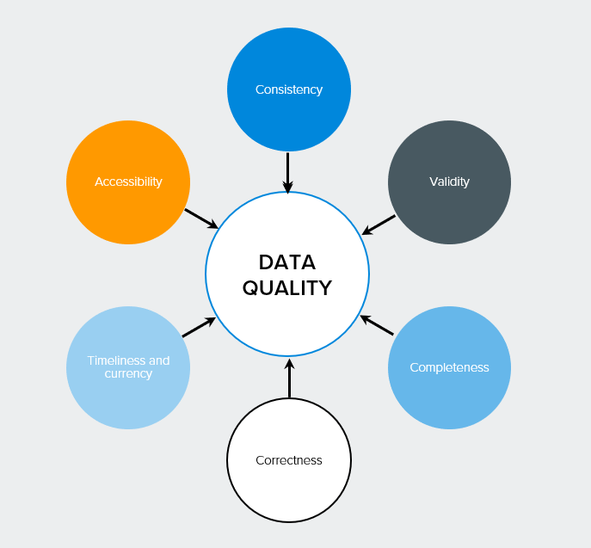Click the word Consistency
click(x=289, y=89)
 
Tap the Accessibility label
click(x=128, y=182)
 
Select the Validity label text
click(x=449, y=182)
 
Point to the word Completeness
click(x=449, y=367)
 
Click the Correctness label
click(x=289, y=460)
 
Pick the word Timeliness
click(x=117, y=360)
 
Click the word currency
click(x=128, y=373)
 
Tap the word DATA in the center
click(x=287, y=262)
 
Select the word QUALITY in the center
click(x=287, y=288)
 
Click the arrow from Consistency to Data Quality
click(x=288, y=173)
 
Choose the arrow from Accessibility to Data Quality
click(x=201, y=219)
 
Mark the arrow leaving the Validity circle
click(x=379, y=225)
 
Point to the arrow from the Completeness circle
click(x=377, y=325)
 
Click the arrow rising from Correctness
click(x=289, y=379)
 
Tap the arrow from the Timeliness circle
click(x=199, y=327)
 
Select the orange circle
click(x=128, y=182)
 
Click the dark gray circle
click(x=449, y=182)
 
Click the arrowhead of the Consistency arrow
click(x=288, y=188)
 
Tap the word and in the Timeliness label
click(x=159, y=360)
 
